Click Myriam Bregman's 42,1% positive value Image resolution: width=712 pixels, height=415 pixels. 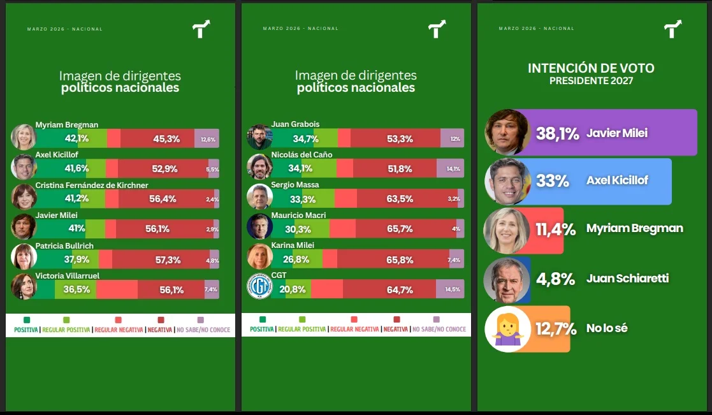click(x=76, y=138)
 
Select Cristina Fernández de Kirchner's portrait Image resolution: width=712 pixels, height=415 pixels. click(x=24, y=197)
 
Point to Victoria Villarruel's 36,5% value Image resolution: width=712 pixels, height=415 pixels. click(x=76, y=289)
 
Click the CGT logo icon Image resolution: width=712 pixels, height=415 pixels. click(x=259, y=286)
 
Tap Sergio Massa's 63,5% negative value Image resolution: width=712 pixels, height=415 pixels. click(x=400, y=199)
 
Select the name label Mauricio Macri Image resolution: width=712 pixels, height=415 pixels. click(x=298, y=215)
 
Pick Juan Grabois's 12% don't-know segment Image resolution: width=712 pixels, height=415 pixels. click(x=455, y=139)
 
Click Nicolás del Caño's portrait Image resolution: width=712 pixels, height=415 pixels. click(x=259, y=167)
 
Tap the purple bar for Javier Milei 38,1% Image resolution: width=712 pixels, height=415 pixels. click(x=637, y=133)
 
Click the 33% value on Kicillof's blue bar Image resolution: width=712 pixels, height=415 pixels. click(x=552, y=181)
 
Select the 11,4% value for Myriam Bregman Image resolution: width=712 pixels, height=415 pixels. click(x=555, y=229)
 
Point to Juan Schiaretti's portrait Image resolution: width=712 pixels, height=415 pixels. click(x=506, y=280)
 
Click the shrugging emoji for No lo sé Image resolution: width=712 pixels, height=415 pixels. click(x=507, y=329)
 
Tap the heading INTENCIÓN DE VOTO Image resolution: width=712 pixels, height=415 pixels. click(x=591, y=68)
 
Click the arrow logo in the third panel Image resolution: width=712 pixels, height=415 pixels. click(x=672, y=29)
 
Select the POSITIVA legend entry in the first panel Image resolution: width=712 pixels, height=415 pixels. click(x=26, y=330)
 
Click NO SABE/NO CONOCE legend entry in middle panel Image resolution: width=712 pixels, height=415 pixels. click(x=439, y=330)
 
